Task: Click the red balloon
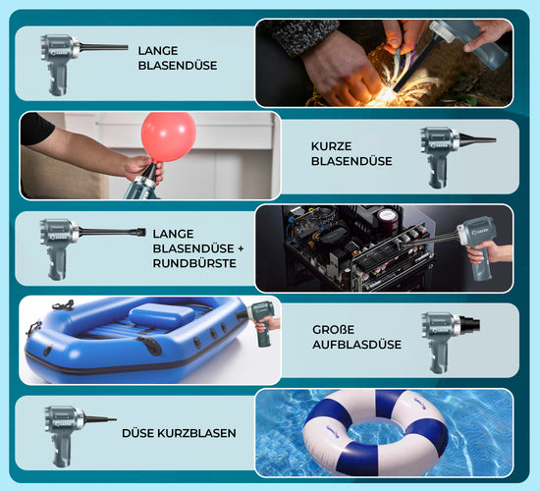[169, 136]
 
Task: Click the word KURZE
[331, 146]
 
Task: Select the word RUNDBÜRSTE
[194, 263]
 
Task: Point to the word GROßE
[334, 329]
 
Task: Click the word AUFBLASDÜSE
[356, 345]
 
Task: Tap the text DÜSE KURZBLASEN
[179, 433]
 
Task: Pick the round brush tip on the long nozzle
[141, 232]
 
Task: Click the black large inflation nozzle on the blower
[469, 323]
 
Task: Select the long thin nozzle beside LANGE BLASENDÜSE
[104, 47]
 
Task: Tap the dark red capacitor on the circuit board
[387, 219]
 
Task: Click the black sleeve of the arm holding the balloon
[35, 128]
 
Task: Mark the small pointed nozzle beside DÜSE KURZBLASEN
[100, 419]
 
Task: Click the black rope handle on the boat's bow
[64, 305]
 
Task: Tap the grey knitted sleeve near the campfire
[303, 34]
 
